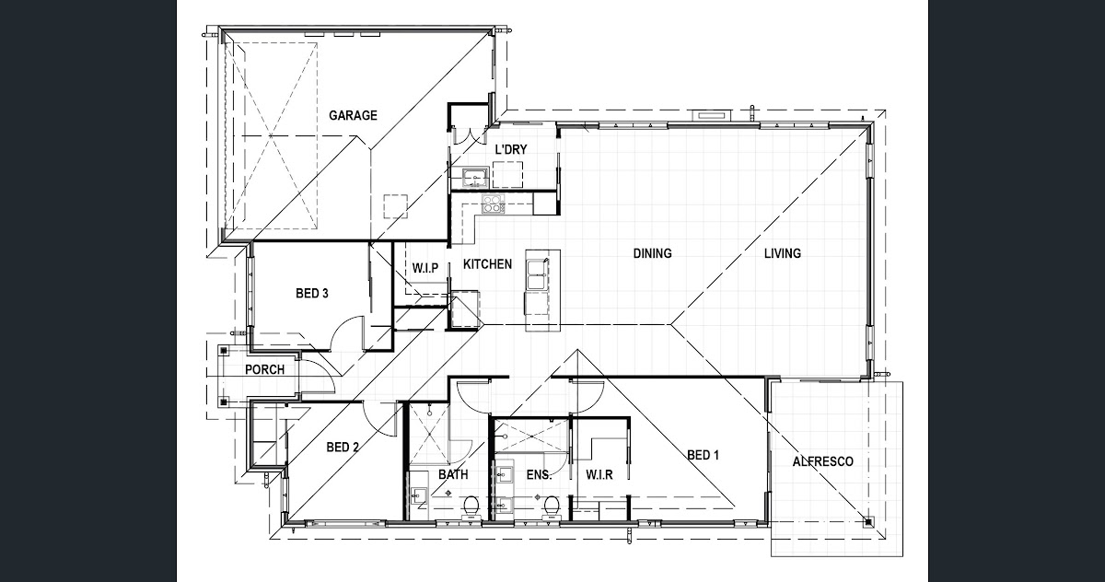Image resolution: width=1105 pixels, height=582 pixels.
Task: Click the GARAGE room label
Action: pyautogui.click(x=353, y=115)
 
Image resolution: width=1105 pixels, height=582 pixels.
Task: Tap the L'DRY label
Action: pyautogui.click(x=511, y=149)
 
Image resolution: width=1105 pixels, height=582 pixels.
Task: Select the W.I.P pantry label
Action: pyautogui.click(x=425, y=268)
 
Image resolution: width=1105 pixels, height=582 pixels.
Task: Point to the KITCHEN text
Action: pyautogui.click(x=487, y=264)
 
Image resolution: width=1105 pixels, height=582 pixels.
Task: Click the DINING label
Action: pyautogui.click(x=652, y=253)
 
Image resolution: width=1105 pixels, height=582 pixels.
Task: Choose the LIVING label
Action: pyautogui.click(x=783, y=253)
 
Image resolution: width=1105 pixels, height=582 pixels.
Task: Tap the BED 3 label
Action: pyautogui.click(x=312, y=294)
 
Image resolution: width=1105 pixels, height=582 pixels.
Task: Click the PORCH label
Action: pyautogui.click(x=265, y=369)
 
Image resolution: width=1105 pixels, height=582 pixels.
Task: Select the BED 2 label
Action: pyautogui.click(x=343, y=448)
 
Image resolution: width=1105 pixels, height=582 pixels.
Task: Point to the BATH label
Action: pyautogui.click(x=453, y=474)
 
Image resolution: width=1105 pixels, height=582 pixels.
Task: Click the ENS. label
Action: pyautogui.click(x=540, y=475)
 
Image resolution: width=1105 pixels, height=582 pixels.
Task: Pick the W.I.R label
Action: pyautogui.click(x=599, y=475)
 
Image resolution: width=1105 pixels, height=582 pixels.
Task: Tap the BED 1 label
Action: pyautogui.click(x=703, y=455)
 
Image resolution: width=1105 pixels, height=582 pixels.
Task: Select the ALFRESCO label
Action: pyautogui.click(x=823, y=461)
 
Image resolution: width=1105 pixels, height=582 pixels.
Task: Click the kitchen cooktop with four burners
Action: pyautogui.click(x=494, y=204)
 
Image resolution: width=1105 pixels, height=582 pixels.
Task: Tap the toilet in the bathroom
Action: pyautogui.click(x=471, y=507)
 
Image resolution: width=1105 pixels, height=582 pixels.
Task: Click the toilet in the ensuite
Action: pyautogui.click(x=552, y=507)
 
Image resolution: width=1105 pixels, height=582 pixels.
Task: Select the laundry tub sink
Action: pyautogui.click(x=475, y=178)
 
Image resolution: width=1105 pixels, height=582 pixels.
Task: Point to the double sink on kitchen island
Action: pyautogui.click(x=537, y=274)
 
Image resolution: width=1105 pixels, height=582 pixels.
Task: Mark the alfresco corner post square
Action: pyautogui.click(x=867, y=522)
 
